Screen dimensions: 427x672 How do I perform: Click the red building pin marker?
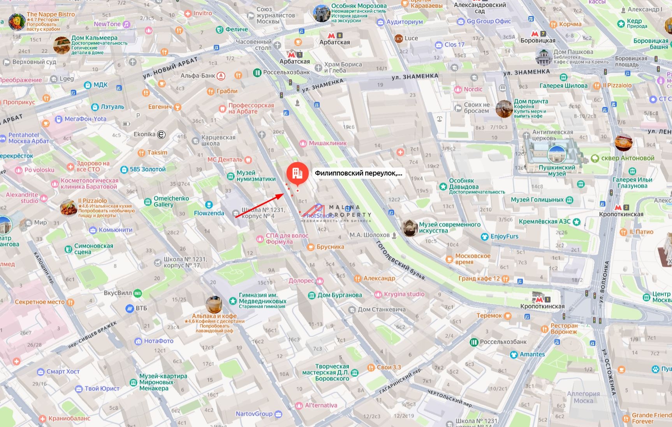(x=297, y=172)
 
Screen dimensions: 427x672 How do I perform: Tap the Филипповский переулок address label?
(x=358, y=173)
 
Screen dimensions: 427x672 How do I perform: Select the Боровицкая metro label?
(x=538, y=40)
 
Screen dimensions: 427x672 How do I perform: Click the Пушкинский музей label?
(x=557, y=170)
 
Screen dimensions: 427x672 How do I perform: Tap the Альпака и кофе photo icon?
(x=214, y=305)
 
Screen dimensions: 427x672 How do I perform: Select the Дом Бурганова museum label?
(x=340, y=295)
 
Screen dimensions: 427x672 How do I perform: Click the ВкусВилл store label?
(x=118, y=293)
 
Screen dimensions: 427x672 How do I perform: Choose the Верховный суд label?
(x=34, y=62)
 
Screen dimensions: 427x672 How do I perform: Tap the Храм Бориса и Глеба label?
(x=343, y=67)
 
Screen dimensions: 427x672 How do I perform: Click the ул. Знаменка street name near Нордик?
(x=415, y=76)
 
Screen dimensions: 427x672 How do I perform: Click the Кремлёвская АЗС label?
(x=544, y=221)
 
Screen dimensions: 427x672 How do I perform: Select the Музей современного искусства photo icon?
(x=409, y=228)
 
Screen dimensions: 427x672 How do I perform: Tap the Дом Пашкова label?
(x=573, y=52)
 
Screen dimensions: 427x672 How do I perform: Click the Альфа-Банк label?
(x=198, y=76)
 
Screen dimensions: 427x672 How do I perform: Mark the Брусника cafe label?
(x=330, y=247)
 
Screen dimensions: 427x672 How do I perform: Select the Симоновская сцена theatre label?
(x=93, y=249)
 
